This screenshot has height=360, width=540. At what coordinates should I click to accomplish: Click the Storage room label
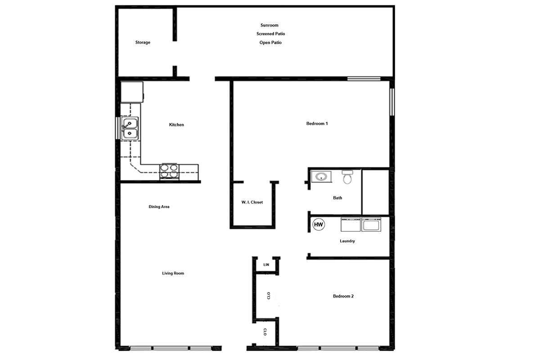coord(143,42)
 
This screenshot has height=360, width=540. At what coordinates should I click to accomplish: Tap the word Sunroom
coord(269,25)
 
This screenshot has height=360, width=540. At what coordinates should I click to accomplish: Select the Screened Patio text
coord(270,34)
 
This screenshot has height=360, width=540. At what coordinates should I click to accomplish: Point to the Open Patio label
coord(270,43)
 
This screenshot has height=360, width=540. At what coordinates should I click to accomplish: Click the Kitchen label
coord(176,125)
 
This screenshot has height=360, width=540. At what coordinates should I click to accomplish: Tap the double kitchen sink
coord(130,128)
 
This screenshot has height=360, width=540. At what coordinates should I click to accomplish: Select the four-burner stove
coord(170,171)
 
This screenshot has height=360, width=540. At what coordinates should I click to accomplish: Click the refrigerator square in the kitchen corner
coord(132,92)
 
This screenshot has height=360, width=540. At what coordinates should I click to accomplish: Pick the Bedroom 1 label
coord(317,123)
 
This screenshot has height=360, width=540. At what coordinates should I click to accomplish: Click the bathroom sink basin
coord(321,176)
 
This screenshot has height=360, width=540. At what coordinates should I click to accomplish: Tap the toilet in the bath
coord(347,177)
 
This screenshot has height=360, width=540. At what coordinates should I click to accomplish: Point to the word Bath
coord(337,198)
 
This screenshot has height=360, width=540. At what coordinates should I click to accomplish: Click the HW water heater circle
coord(319,225)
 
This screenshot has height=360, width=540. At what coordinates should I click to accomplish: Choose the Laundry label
coord(347,241)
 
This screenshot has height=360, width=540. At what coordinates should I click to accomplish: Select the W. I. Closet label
coord(252,202)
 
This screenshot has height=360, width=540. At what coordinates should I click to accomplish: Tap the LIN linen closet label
coord(266,265)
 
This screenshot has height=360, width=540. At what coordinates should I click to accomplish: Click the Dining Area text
coord(159,207)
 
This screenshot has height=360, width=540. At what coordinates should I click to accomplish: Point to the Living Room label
coord(173,273)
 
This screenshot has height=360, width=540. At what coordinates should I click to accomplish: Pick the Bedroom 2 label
coord(343,296)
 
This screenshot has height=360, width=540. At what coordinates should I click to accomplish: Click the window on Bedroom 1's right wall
coord(392,102)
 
